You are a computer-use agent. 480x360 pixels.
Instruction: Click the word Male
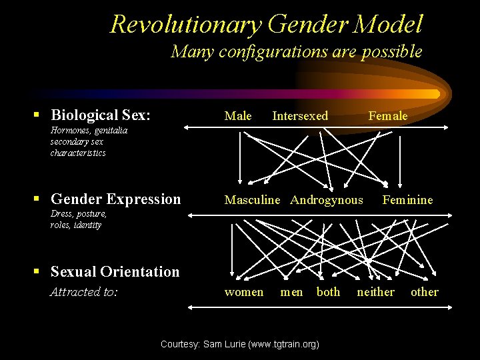pyautogui.click(x=238, y=116)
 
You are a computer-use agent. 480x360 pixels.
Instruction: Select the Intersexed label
pyautogui.click(x=300, y=116)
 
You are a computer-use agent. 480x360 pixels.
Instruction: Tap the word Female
pyautogui.click(x=387, y=116)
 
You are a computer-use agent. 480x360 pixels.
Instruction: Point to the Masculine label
pyautogui.click(x=252, y=200)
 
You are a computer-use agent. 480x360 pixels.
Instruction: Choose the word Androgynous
pyautogui.click(x=327, y=200)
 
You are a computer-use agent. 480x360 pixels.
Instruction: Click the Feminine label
pyautogui.click(x=407, y=200)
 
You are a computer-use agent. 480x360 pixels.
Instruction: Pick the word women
pyautogui.click(x=244, y=292)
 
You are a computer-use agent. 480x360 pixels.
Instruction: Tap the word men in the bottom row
pyautogui.click(x=291, y=292)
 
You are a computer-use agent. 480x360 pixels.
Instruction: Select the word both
pyautogui.click(x=328, y=292)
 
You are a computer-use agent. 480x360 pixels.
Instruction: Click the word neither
pyautogui.click(x=375, y=292)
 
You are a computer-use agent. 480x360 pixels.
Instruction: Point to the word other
pyautogui.click(x=425, y=292)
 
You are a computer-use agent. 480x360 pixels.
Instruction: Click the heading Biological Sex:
pyautogui.click(x=101, y=115)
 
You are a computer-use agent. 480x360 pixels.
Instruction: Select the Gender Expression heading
pyautogui.click(x=115, y=199)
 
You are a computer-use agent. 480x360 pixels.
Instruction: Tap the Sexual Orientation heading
pyautogui.click(x=115, y=271)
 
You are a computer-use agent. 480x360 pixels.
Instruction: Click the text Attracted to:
pyautogui.click(x=84, y=292)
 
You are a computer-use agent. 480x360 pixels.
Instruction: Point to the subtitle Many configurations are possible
pyautogui.click(x=297, y=51)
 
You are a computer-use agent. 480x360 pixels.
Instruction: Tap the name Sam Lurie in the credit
pyautogui.click(x=225, y=345)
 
